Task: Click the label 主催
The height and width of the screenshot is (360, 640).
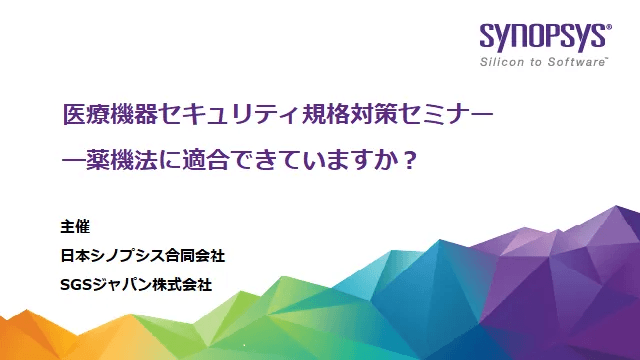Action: point(76,226)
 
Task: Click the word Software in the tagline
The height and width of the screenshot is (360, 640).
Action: point(579,63)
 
